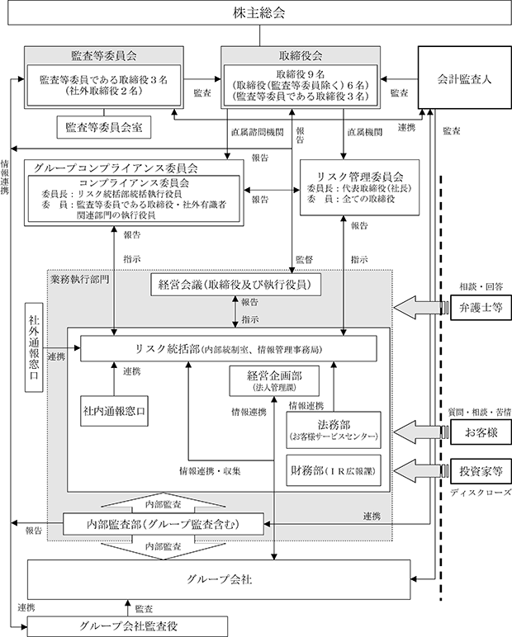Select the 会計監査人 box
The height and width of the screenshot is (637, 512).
tap(465, 78)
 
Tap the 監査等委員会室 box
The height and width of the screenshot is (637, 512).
tap(104, 127)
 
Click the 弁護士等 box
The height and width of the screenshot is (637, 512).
tap(481, 308)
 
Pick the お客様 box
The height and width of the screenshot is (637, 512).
tap(481, 432)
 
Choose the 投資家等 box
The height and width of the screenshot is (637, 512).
tap(481, 471)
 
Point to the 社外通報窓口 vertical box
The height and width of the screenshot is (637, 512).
tap(34, 347)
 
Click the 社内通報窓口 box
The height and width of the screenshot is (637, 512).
tap(114, 411)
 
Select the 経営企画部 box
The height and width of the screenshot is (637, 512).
tap(274, 380)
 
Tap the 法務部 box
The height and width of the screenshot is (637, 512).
tap(334, 430)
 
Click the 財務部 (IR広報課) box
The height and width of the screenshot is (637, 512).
tap(334, 470)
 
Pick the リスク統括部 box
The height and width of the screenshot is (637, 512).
tap(229, 348)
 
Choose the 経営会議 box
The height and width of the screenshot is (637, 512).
tap(235, 285)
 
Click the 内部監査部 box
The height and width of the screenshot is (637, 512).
tap(164, 524)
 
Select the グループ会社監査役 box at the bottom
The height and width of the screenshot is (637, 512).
tap(127, 626)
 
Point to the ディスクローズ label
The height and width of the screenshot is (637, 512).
tap(481, 493)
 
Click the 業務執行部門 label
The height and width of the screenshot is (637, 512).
tap(80, 279)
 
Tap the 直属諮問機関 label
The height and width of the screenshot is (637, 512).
tap(258, 132)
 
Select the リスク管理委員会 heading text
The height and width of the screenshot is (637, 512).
tap(360, 177)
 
